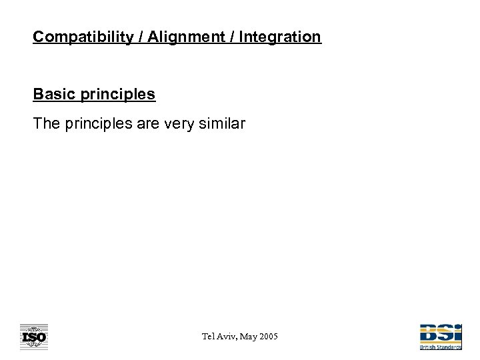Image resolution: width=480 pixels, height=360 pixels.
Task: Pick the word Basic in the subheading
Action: click(53, 94)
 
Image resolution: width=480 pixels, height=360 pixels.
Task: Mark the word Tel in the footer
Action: click(209, 337)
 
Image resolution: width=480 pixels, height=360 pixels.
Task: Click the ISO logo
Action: click(33, 337)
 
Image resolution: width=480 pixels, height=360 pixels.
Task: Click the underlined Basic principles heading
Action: click(94, 94)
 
